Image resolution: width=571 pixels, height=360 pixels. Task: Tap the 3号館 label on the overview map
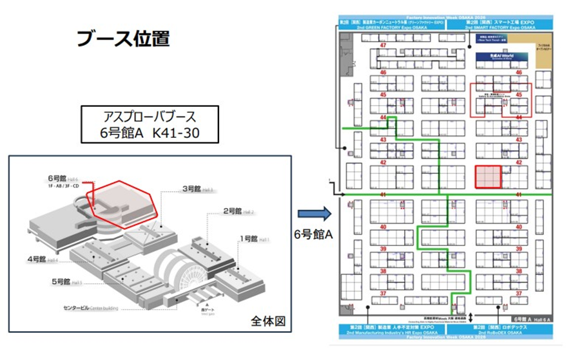[193, 189]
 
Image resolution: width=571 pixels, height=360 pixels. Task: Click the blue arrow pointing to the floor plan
[313, 212]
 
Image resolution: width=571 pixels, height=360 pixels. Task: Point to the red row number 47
[384, 45]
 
